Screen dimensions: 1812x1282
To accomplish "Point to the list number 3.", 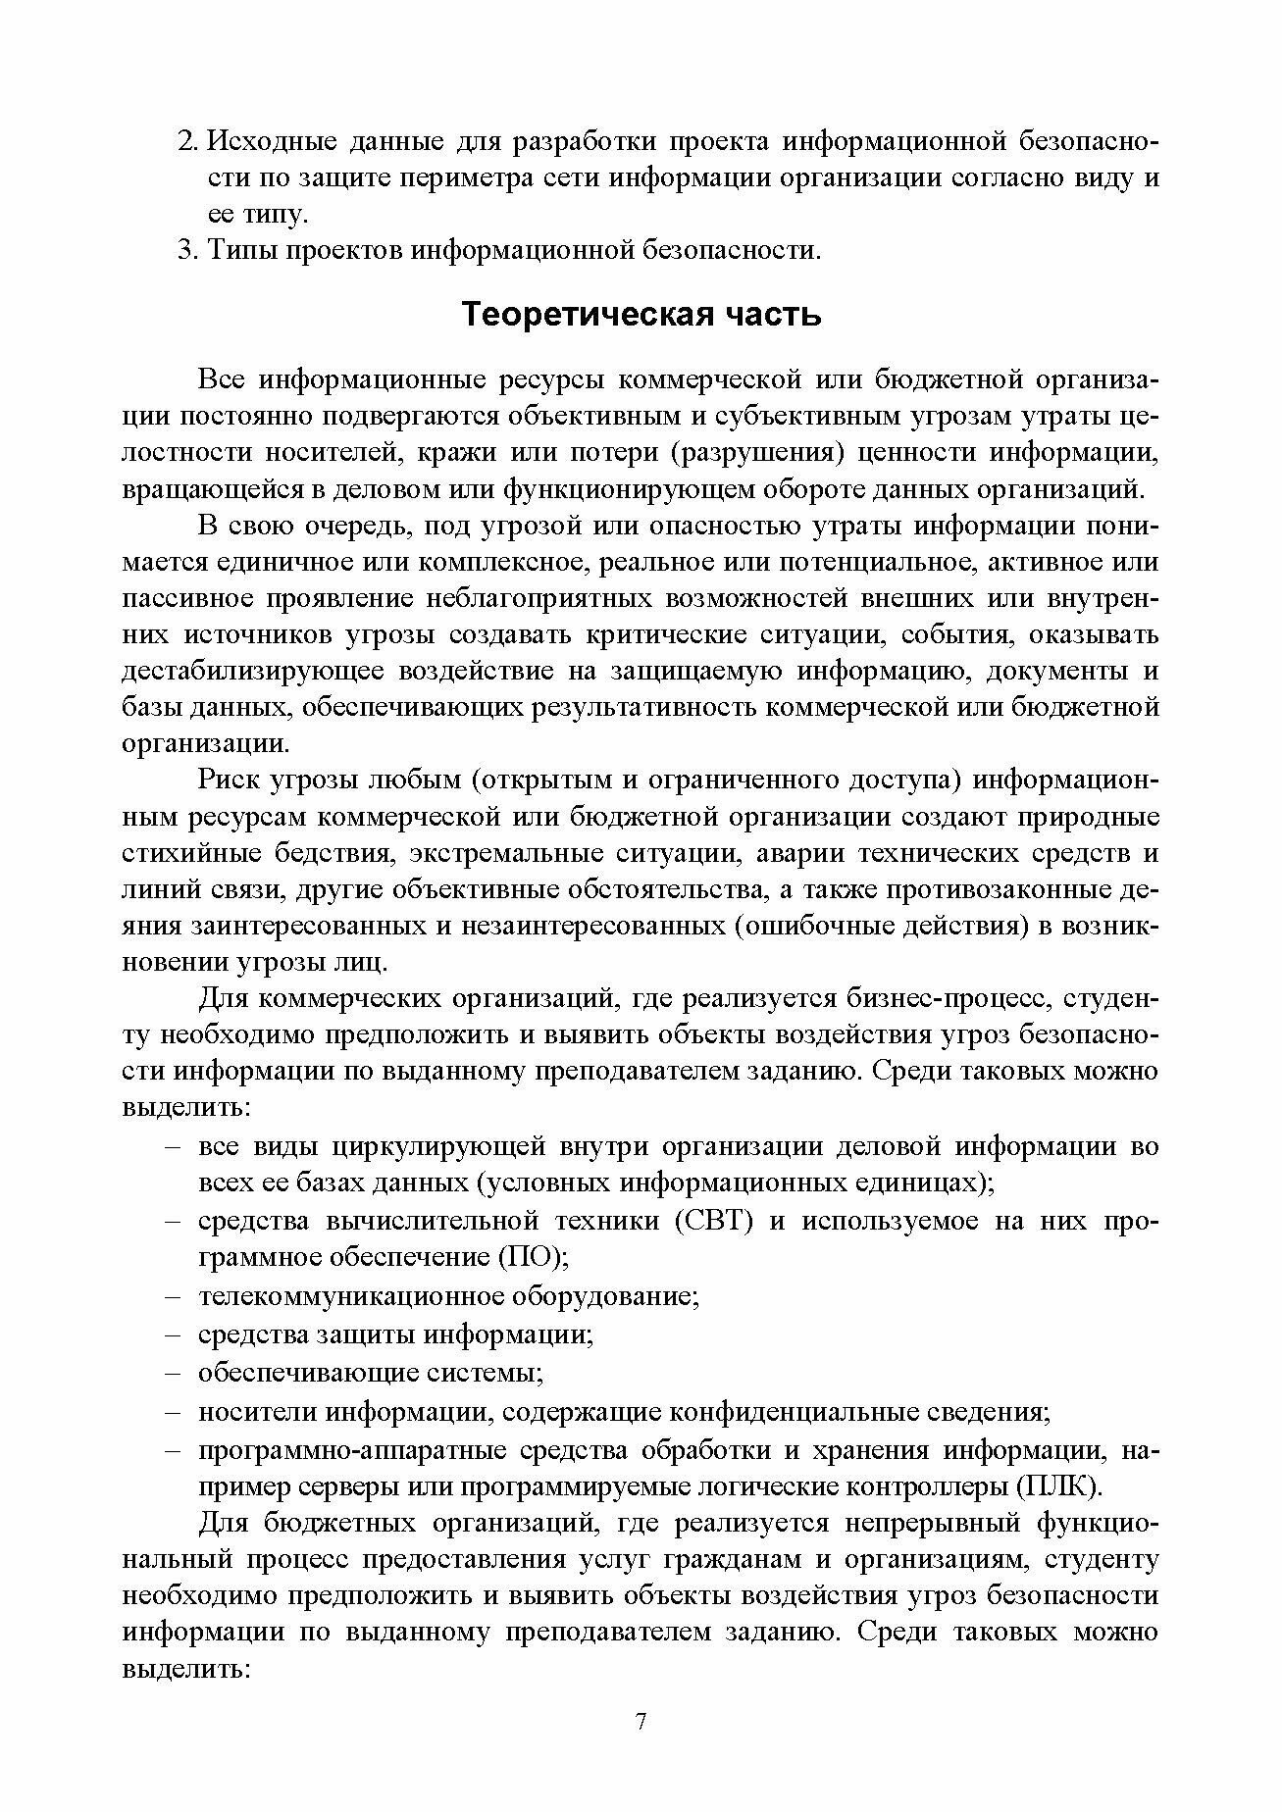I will point(188,250).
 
